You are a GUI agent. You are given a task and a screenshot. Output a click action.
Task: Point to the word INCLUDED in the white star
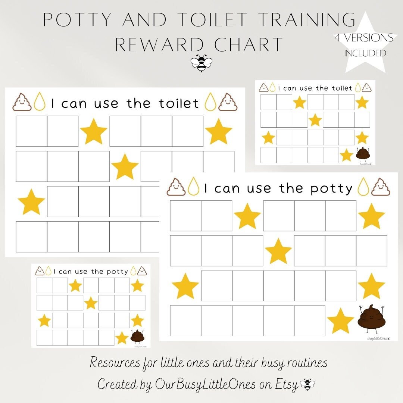point(365,53)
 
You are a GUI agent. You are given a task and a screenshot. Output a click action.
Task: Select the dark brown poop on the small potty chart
point(137,336)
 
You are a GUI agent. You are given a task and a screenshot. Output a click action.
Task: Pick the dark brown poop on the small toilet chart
point(362,153)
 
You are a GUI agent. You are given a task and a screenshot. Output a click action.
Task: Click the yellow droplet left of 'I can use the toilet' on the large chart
point(39,102)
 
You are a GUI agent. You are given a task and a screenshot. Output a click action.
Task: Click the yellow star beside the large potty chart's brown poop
point(340,321)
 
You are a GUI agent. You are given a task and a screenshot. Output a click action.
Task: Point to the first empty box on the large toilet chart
point(31,131)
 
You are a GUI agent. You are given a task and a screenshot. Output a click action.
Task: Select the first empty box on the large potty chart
point(185,216)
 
